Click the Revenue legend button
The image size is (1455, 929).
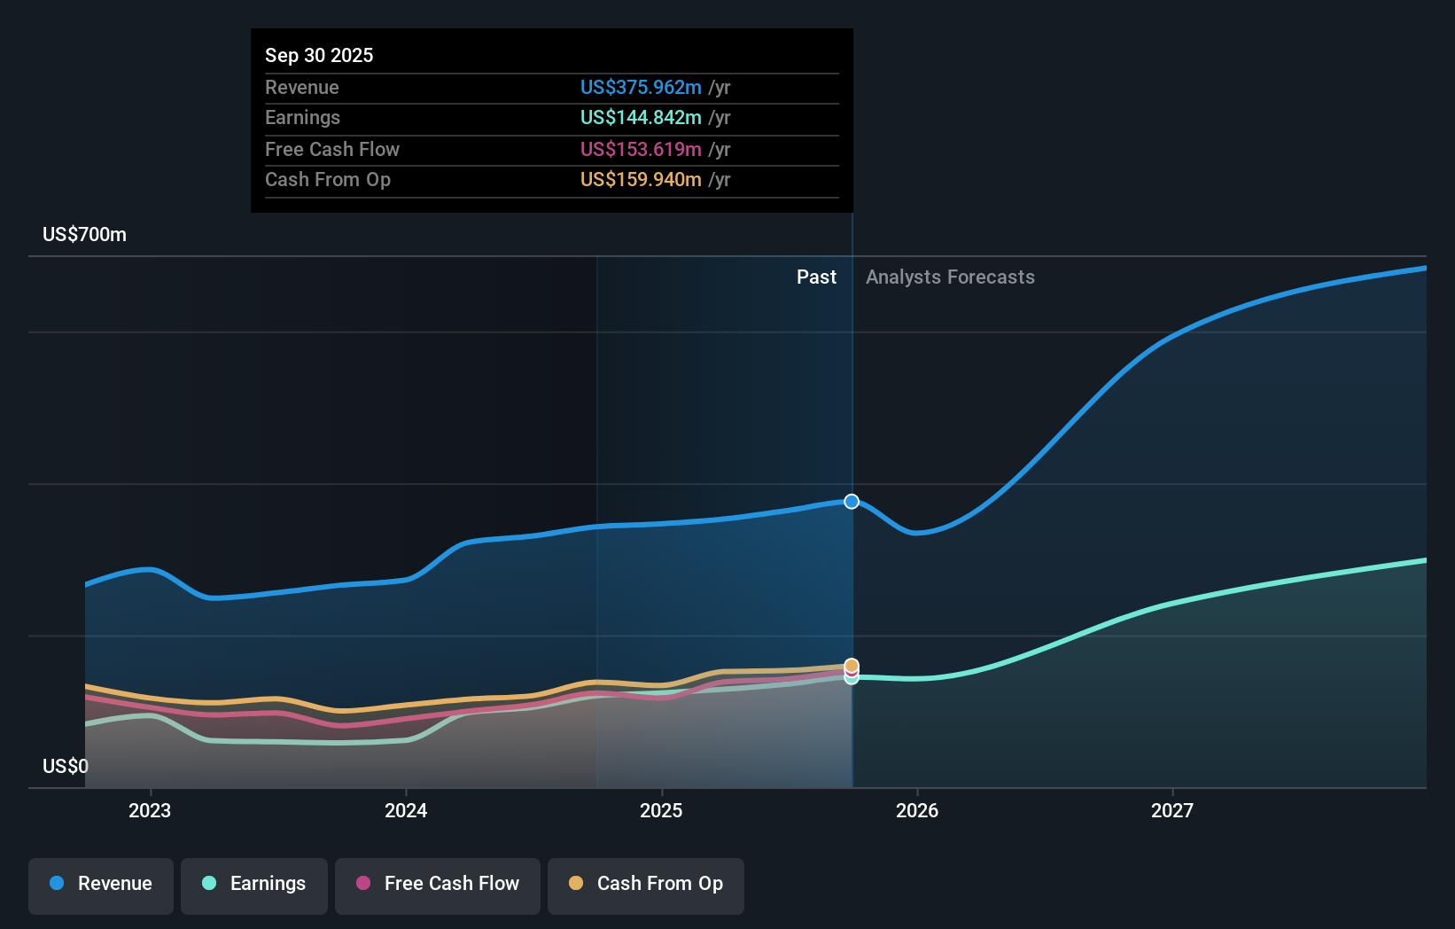pos(101,885)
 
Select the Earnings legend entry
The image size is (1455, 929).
pos(254,885)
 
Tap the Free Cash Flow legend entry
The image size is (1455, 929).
pos(438,885)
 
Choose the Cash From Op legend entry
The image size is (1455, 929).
pos(646,885)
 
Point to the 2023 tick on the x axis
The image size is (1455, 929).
pos(150,810)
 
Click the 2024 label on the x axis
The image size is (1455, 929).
pos(406,810)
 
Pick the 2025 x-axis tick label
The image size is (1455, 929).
pos(661,810)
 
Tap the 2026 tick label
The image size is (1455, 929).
pos(917,810)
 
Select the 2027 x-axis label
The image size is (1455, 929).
pos(1172,810)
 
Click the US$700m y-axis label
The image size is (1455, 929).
pos(85,235)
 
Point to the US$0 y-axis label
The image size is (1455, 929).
pos(66,766)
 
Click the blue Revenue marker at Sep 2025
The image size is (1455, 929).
pos(852,502)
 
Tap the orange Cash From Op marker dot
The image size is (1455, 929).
pos(852,665)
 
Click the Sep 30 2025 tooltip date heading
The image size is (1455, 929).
pos(319,55)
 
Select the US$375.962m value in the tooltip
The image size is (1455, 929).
pos(641,87)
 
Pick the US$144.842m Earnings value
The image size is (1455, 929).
pos(641,118)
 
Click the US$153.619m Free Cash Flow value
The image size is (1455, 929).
pos(641,149)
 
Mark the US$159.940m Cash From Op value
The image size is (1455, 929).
pos(641,180)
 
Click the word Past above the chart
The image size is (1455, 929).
pos(816,277)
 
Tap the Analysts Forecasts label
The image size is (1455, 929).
pos(950,277)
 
